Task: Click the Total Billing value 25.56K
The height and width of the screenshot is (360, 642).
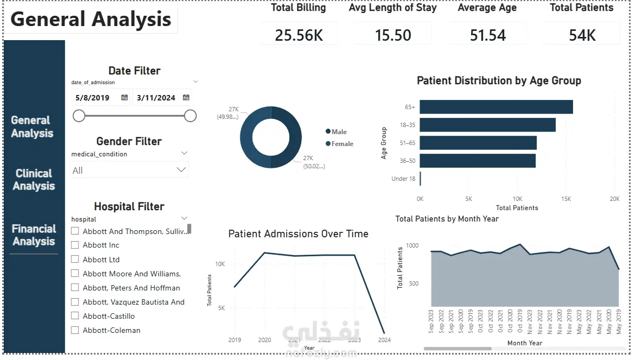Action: coord(299,35)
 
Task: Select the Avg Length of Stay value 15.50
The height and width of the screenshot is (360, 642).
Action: coord(393,35)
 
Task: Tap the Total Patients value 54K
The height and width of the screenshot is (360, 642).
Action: coord(582,35)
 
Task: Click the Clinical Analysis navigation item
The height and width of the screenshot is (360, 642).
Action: coord(34,179)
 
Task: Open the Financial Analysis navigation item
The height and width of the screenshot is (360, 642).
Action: coord(34,235)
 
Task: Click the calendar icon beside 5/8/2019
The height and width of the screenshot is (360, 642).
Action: coord(124,98)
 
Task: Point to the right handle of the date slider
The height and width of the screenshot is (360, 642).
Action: coord(190,116)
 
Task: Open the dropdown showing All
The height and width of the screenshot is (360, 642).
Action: coord(129,170)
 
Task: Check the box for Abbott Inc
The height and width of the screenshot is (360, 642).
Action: coord(75,245)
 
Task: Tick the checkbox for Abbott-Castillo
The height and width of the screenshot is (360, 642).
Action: coord(75,316)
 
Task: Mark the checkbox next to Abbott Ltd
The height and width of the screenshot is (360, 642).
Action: coord(75,259)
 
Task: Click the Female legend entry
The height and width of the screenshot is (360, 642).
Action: coord(339,144)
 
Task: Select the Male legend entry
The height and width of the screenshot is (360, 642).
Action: coord(336,131)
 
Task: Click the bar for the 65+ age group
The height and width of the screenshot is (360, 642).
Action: coord(496,107)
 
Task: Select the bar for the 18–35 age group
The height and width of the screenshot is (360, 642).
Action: coord(488,125)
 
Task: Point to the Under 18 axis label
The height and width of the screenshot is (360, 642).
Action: coord(403,179)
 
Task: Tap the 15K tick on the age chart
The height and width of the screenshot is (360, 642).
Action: coord(566,199)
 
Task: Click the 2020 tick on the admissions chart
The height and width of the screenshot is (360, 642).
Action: coord(264,340)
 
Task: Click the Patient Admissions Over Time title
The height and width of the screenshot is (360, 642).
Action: coord(298,234)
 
